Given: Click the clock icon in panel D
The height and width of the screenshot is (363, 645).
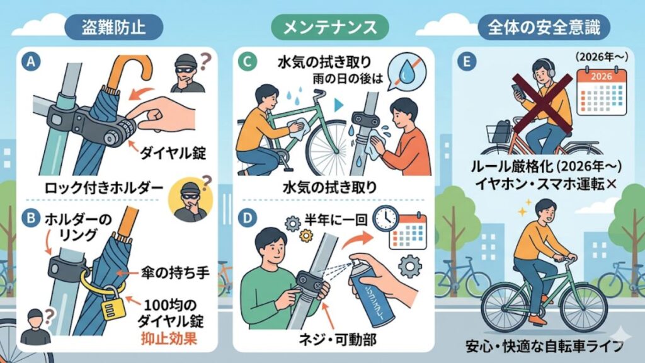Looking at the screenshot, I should [x=384, y=218].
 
